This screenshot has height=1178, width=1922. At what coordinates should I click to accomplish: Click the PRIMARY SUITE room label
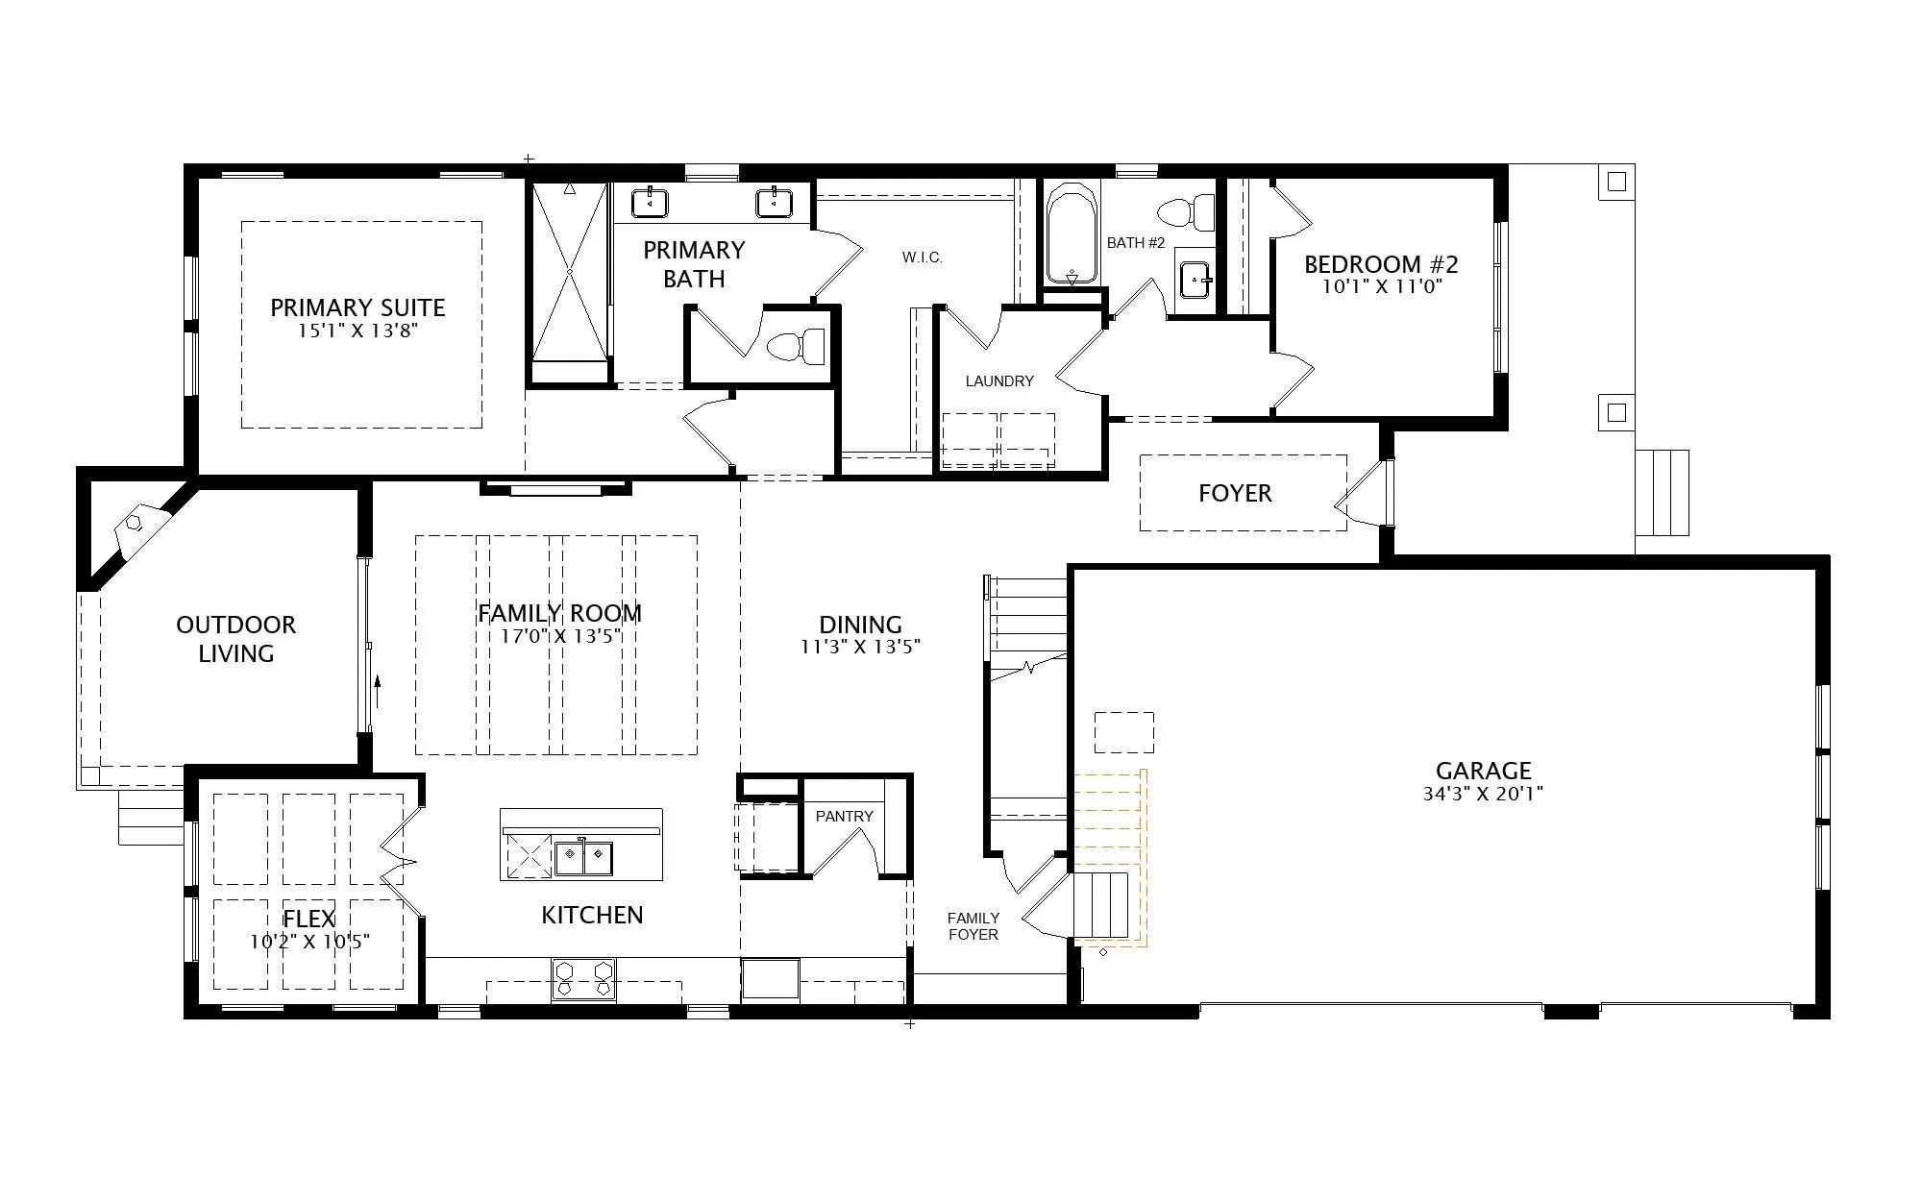pyautogui.click(x=357, y=307)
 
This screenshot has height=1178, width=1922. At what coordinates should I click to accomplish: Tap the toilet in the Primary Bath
pyautogui.click(x=797, y=345)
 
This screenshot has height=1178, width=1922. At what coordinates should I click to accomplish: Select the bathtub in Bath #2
pyautogui.click(x=1072, y=233)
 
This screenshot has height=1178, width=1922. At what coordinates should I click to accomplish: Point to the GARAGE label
pyautogui.click(x=1483, y=771)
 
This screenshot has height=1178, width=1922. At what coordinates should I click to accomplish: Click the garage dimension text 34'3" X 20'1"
pyautogui.click(x=1483, y=795)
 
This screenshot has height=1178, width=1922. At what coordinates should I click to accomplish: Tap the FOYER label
pyautogui.click(x=1235, y=493)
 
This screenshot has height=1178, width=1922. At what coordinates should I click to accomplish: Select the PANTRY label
pyautogui.click(x=845, y=817)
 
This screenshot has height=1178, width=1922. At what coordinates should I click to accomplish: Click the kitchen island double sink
pyautogui.click(x=583, y=857)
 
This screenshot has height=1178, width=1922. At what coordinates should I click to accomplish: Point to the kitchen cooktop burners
pyautogui.click(x=583, y=979)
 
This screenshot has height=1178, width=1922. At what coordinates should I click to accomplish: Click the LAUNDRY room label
pyautogui.click(x=999, y=381)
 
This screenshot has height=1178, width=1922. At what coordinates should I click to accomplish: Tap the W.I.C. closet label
pyautogui.click(x=923, y=258)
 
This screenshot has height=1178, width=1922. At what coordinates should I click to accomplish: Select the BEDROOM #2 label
pyautogui.click(x=1381, y=264)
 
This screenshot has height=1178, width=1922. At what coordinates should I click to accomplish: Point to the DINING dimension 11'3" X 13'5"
pyautogui.click(x=860, y=648)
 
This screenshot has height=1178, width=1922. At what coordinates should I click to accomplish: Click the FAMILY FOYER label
pyautogui.click(x=973, y=926)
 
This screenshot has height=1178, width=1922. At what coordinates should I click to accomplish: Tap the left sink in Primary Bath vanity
pyautogui.click(x=651, y=203)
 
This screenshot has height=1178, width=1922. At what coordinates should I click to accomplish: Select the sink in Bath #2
pyautogui.click(x=1196, y=280)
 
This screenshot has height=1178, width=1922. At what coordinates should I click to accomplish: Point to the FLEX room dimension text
pyautogui.click(x=309, y=942)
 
